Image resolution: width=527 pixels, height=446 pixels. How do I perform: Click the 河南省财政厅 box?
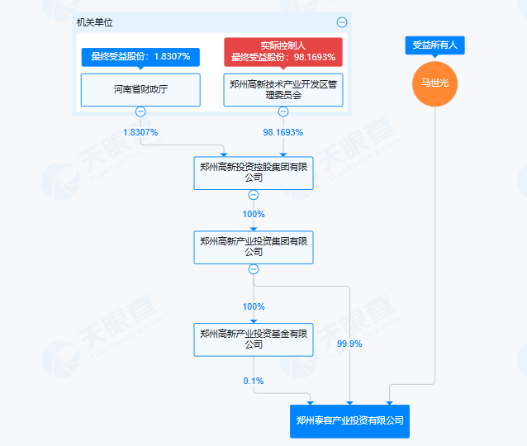click(x=140, y=90)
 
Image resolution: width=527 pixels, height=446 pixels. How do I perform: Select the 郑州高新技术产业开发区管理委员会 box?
click(x=283, y=90)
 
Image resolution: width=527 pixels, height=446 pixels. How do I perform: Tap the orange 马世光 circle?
click(x=434, y=84)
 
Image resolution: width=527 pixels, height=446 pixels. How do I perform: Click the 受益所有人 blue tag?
click(x=434, y=46)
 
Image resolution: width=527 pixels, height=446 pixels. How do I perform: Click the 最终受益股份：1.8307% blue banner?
click(x=140, y=57)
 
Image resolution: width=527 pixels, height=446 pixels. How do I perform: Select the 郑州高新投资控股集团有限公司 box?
click(x=254, y=173)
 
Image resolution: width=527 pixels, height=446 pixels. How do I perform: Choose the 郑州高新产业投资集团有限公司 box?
click(x=254, y=247)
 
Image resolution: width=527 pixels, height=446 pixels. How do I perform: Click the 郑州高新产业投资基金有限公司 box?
click(x=254, y=339)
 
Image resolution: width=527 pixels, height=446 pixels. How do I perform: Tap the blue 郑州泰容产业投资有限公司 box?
click(x=350, y=420)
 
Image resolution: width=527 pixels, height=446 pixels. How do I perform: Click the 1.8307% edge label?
click(x=140, y=132)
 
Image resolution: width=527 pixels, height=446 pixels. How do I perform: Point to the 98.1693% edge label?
click(x=283, y=132)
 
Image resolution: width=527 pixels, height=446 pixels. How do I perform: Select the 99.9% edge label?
click(x=350, y=344)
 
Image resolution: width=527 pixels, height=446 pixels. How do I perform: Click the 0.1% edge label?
click(x=254, y=381)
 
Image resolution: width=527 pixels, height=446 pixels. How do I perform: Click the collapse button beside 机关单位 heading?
click(x=342, y=23)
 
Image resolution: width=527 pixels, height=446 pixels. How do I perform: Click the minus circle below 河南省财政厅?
click(x=140, y=112)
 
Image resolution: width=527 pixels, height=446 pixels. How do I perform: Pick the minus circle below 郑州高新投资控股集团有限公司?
click(x=254, y=195)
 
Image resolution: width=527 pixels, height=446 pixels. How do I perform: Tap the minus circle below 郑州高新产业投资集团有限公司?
click(x=254, y=269)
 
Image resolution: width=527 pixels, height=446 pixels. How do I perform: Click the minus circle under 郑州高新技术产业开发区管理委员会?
click(x=283, y=112)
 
